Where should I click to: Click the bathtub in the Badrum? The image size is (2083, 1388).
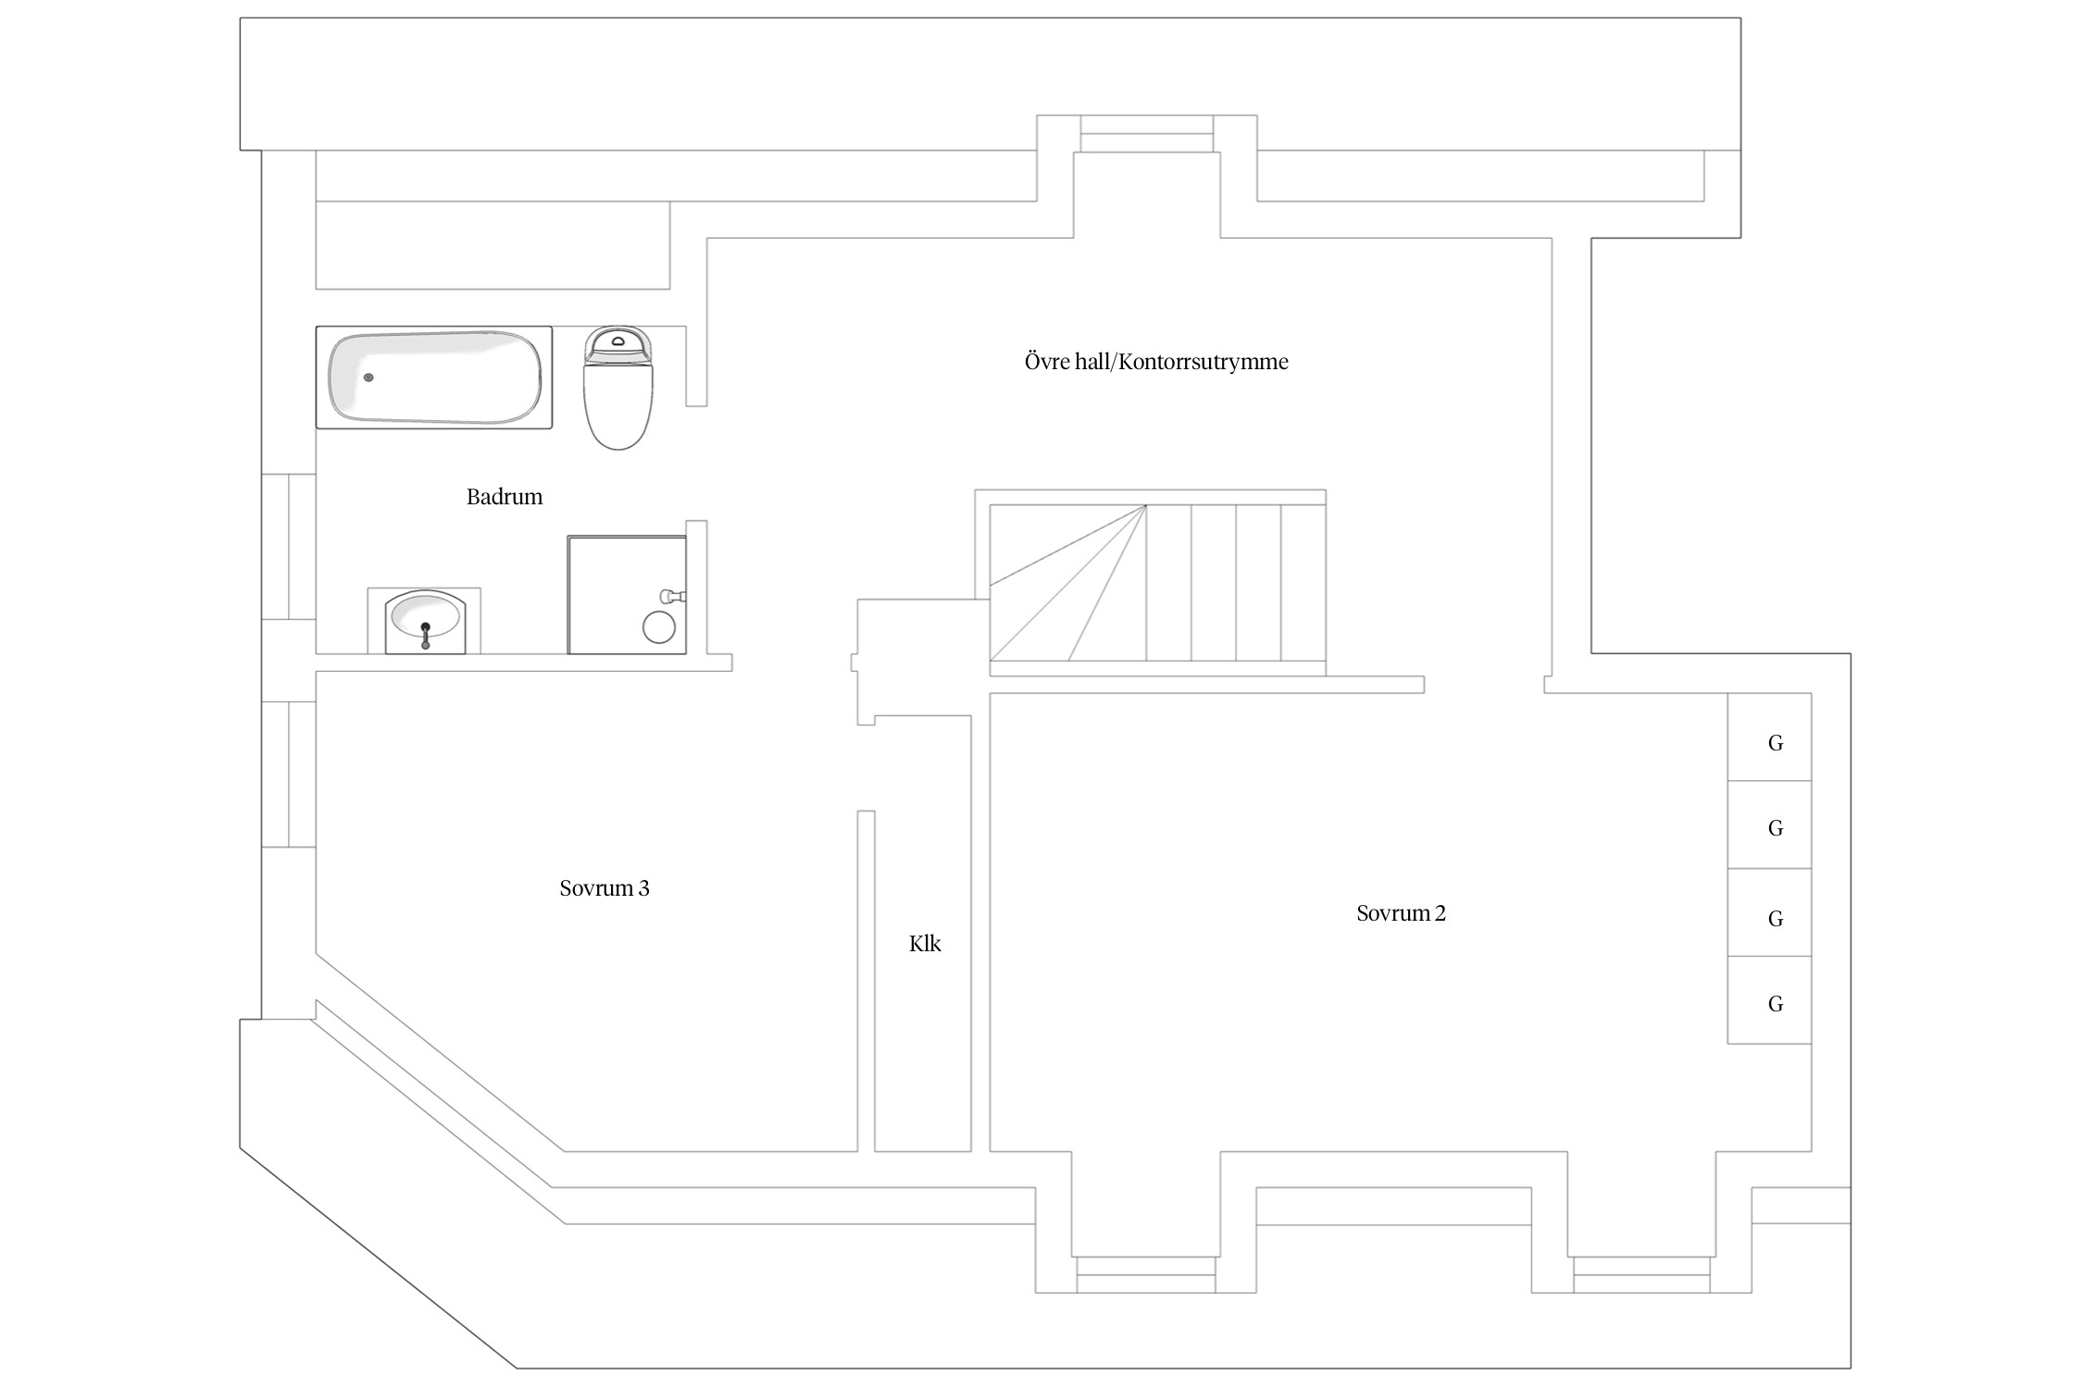pos(434,377)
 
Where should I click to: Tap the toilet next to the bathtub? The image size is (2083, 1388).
pos(618,388)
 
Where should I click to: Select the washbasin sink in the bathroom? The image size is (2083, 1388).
pos(425,621)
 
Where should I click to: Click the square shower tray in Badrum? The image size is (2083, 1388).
pos(627,594)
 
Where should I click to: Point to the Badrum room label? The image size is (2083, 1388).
pos(505,497)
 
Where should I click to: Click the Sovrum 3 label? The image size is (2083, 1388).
pos(605,888)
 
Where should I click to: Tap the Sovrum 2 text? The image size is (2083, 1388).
pos(1401,913)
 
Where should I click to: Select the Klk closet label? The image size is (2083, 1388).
pos(925,944)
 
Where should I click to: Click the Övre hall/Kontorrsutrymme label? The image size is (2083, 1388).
pos(1156,362)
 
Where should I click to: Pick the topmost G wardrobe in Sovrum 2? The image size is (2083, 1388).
pos(1769,737)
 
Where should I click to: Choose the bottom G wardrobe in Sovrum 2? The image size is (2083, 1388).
pos(1769,1000)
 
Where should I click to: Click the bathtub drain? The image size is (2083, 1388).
pos(368,378)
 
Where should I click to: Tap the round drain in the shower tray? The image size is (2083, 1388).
pos(659,626)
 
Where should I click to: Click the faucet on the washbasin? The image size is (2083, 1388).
pos(425,636)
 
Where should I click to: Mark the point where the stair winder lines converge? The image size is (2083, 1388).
pos(1146,505)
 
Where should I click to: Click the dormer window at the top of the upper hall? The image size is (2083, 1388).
pos(1146,134)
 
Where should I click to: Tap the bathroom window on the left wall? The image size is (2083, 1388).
pos(289,546)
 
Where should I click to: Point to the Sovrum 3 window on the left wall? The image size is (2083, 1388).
pos(289,775)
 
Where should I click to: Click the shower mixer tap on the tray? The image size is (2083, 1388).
pos(672,596)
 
